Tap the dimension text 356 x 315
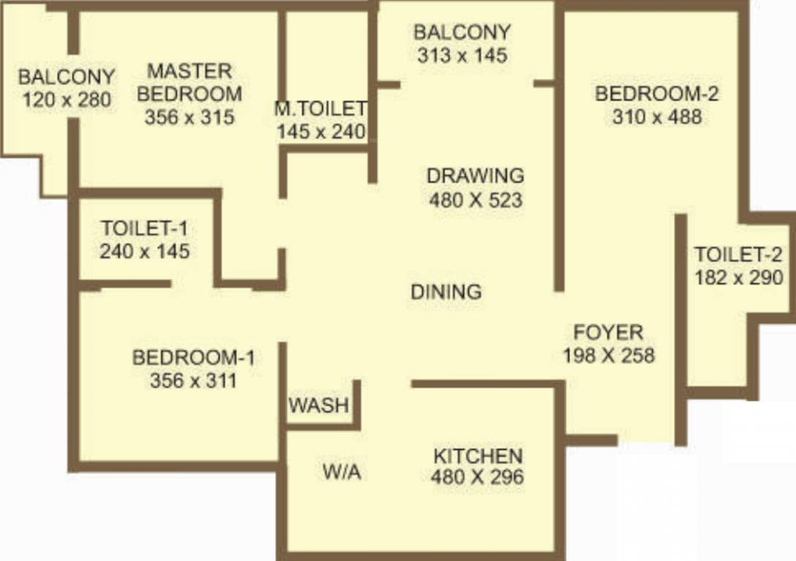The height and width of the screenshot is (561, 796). [189, 117]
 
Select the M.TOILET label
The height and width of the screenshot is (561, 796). [320, 109]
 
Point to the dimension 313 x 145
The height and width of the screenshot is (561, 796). [461, 56]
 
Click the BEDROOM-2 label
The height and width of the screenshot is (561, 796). [656, 93]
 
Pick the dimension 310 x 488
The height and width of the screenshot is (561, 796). [656, 116]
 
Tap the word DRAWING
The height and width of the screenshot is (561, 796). [475, 176]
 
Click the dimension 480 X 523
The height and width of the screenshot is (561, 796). [475, 199]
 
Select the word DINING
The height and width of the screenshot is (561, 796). [446, 292]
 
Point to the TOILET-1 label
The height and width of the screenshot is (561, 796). [145, 228]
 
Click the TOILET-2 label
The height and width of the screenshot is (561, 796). [738, 255]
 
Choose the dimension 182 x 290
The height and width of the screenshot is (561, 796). [738, 278]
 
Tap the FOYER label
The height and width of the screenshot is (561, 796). [608, 332]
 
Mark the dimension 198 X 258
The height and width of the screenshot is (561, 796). [608, 356]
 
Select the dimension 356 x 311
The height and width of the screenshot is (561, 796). [193, 381]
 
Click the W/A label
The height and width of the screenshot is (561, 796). [341, 473]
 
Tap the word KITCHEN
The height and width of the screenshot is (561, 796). [478, 457]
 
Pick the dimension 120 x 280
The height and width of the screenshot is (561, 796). [67, 99]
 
